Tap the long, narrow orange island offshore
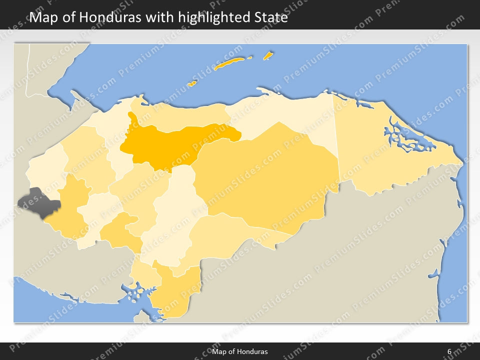click(x=229, y=63)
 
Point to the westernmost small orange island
click(x=191, y=83)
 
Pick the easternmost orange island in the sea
click(x=268, y=55)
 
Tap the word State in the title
click(x=269, y=17)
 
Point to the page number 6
click(x=449, y=351)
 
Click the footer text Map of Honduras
click(x=239, y=351)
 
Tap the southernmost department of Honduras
click(x=172, y=295)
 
